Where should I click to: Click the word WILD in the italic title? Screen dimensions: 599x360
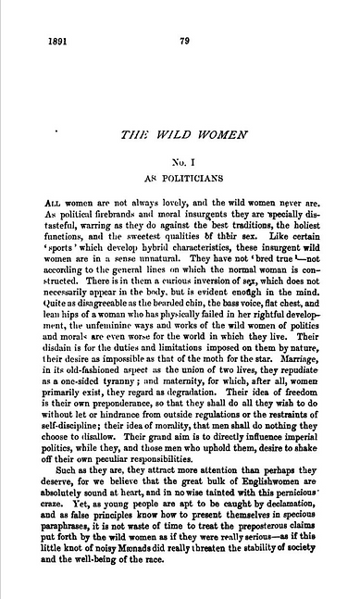[x=180, y=135]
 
